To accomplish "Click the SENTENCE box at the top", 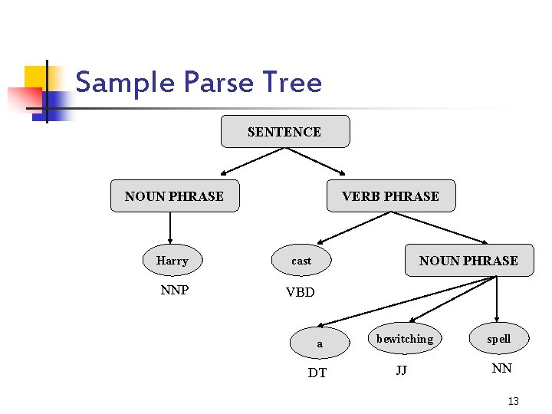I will (284, 132).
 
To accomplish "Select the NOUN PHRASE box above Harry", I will (175, 196).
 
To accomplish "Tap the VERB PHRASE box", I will (390, 196).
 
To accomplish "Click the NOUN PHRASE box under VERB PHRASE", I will (468, 261).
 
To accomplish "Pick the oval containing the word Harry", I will (172, 261).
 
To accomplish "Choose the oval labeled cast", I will (301, 261).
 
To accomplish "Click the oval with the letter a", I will (320, 343).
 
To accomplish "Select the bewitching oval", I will (405, 339).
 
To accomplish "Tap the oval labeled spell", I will (498, 339).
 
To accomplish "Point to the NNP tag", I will (175, 291).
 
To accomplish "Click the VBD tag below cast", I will (300, 292).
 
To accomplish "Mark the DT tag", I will (317, 373).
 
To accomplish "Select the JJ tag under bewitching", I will (401, 370).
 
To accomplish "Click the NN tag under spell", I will (501, 369).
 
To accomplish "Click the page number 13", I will (514, 401).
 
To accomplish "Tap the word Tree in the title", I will (292, 82).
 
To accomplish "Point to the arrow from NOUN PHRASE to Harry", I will (170, 228).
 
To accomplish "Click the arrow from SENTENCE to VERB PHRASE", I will (314, 160).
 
